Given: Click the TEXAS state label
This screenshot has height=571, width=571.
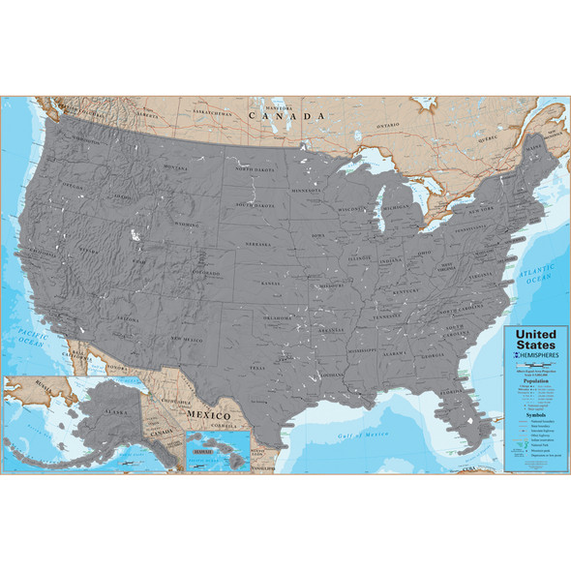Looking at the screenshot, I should [258, 368].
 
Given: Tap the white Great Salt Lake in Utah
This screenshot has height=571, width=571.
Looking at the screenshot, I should [135, 235].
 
